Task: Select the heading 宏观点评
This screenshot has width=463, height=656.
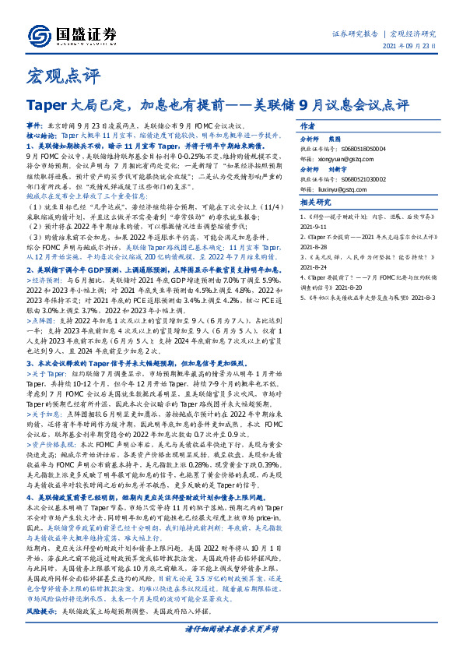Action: [54, 77]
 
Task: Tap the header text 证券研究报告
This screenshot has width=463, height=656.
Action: [355, 34]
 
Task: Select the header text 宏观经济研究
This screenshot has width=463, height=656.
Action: [412, 34]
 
